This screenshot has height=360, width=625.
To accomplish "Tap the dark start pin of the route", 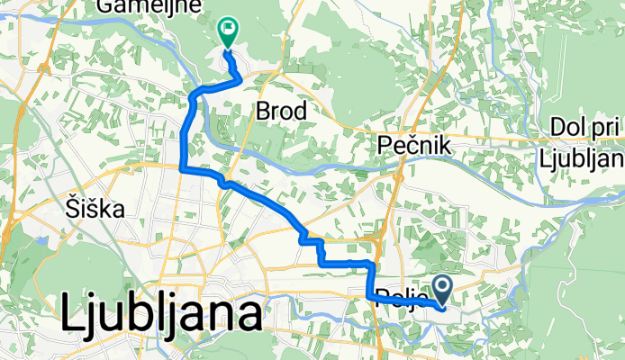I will [x=444, y=289].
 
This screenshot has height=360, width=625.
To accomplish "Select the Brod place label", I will [x=282, y=111].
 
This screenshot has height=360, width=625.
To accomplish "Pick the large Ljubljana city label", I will [x=162, y=315].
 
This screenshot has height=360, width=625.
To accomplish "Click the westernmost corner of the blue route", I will [x=183, y=167].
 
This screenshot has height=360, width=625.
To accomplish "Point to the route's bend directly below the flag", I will [x=238, y=79].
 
